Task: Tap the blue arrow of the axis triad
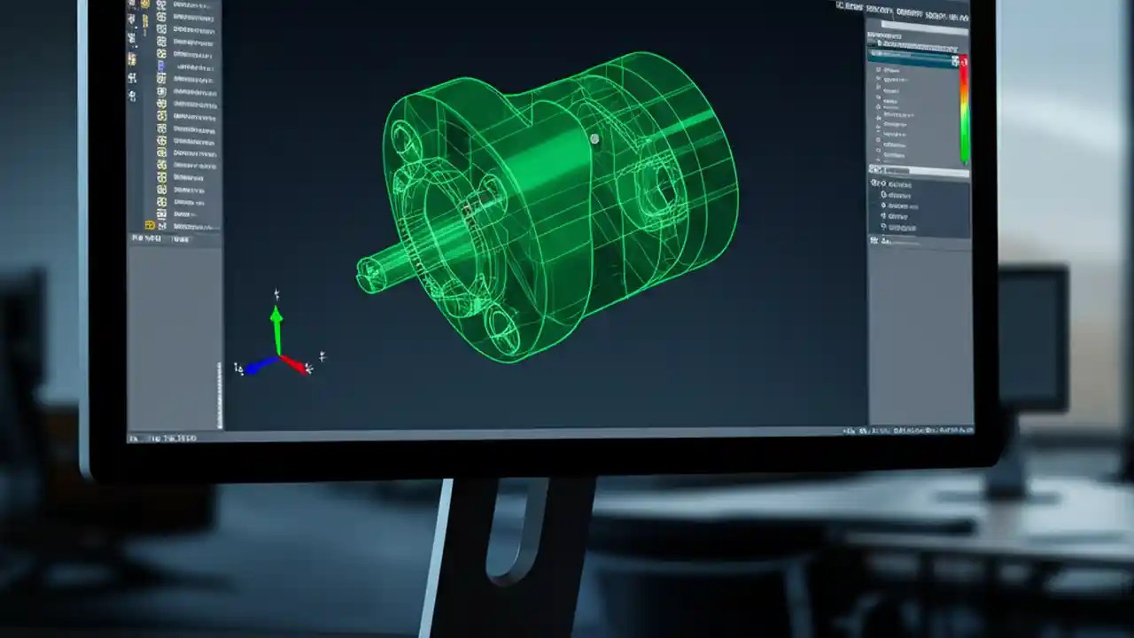(259, 365)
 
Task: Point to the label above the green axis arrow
(276, 294)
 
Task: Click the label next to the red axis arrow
(322, 356)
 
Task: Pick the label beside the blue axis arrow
(237, 368)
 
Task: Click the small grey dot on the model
(594, 138)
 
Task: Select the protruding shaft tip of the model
(365, 274)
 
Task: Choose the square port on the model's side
(656, 190)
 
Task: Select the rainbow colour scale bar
(963, 111)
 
